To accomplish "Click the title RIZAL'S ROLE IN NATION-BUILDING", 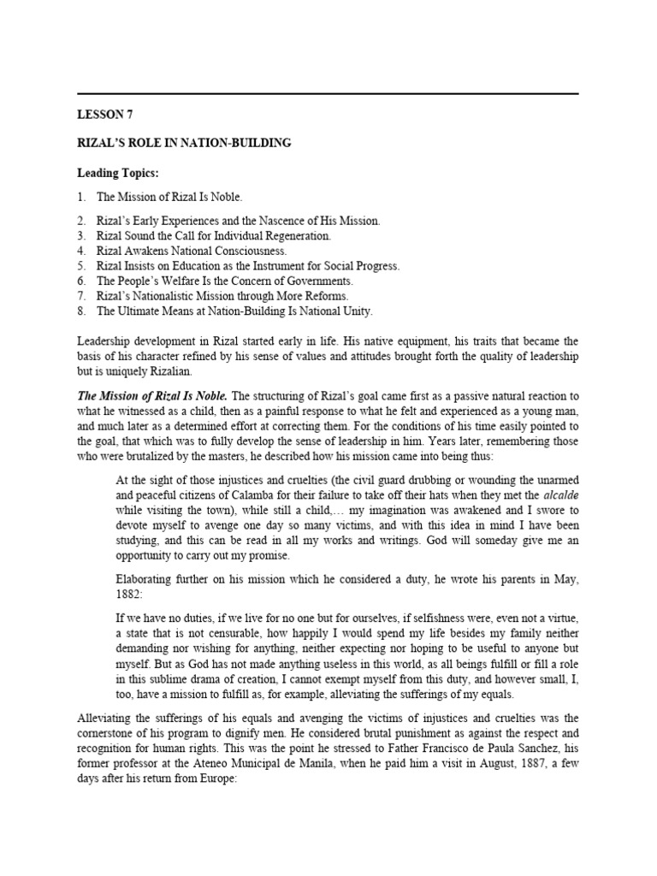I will tap(184, 144).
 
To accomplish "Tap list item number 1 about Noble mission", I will tap(163, 198).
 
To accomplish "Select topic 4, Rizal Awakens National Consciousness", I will tap(192, 251).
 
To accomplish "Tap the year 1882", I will tap(129, 595).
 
